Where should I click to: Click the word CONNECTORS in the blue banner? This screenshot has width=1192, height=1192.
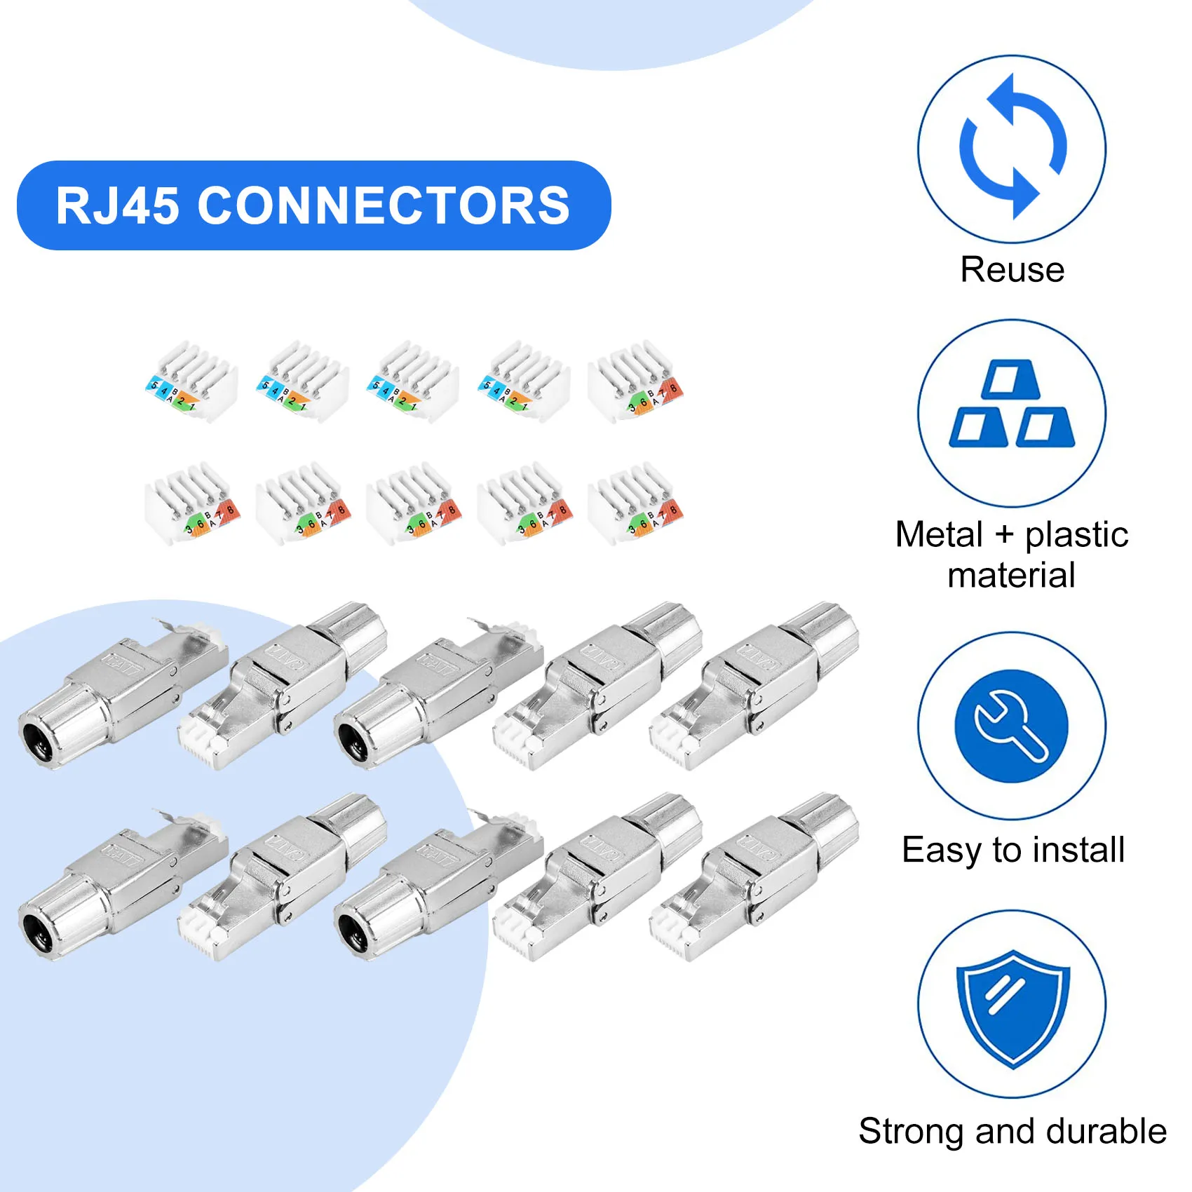point(384,206)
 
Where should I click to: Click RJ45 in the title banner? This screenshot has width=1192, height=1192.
point(117,206)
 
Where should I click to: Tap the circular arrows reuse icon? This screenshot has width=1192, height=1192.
point(1012,148)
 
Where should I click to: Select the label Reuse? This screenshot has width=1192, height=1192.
point(1012,270)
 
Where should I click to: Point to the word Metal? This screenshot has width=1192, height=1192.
point(939,534)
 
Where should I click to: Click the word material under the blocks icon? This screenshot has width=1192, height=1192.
point(1011,576)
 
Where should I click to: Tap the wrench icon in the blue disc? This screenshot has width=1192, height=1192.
point(1011,726)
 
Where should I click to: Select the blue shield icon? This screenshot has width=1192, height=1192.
point(1012,1007)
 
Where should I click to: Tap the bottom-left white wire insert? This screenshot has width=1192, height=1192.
point(191,503)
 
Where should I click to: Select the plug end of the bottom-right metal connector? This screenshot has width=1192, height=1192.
point(675,937)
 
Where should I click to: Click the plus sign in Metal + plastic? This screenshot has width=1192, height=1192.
point(1003,534)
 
